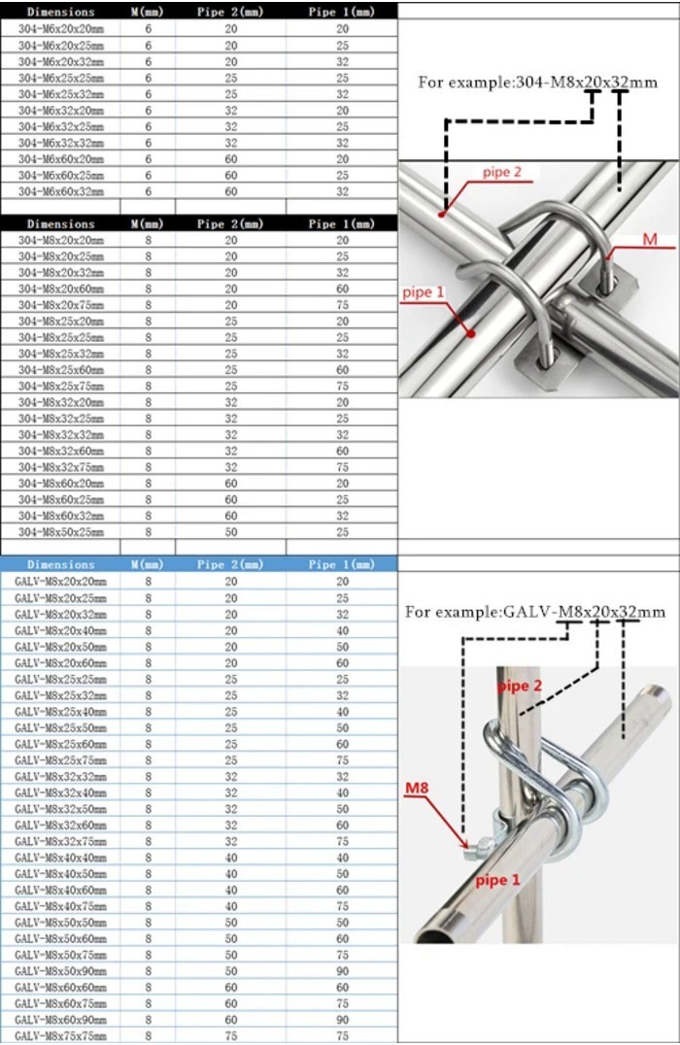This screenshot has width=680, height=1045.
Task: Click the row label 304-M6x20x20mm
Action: tap(60, 29)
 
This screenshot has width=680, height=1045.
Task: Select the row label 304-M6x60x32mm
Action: tap(60, 191)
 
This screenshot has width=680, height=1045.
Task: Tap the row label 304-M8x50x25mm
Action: tap(60, 531)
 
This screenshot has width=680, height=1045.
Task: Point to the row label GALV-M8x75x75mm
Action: tap(60, 1036)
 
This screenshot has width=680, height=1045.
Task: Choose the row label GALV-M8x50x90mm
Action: tap(60, 971)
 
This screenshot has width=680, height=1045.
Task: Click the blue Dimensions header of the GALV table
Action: tap(60, 564)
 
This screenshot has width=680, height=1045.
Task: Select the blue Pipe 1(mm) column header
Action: tap(341, 564)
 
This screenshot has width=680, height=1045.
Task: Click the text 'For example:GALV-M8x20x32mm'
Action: tap(535, 612)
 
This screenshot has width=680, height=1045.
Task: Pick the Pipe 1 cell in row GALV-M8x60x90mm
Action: tap(342, 1020)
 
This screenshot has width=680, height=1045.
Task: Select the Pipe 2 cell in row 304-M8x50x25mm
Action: tap(231, 531)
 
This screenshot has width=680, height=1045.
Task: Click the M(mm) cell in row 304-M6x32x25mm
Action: tap(149, 126)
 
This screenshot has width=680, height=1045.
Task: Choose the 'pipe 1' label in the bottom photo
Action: tap(498, 880)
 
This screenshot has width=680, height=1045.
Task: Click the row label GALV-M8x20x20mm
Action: tap(60, 581)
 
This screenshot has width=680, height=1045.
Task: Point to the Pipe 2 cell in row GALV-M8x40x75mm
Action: tap(231, 906)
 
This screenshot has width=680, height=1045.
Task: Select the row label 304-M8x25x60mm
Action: tap(60, 369)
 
